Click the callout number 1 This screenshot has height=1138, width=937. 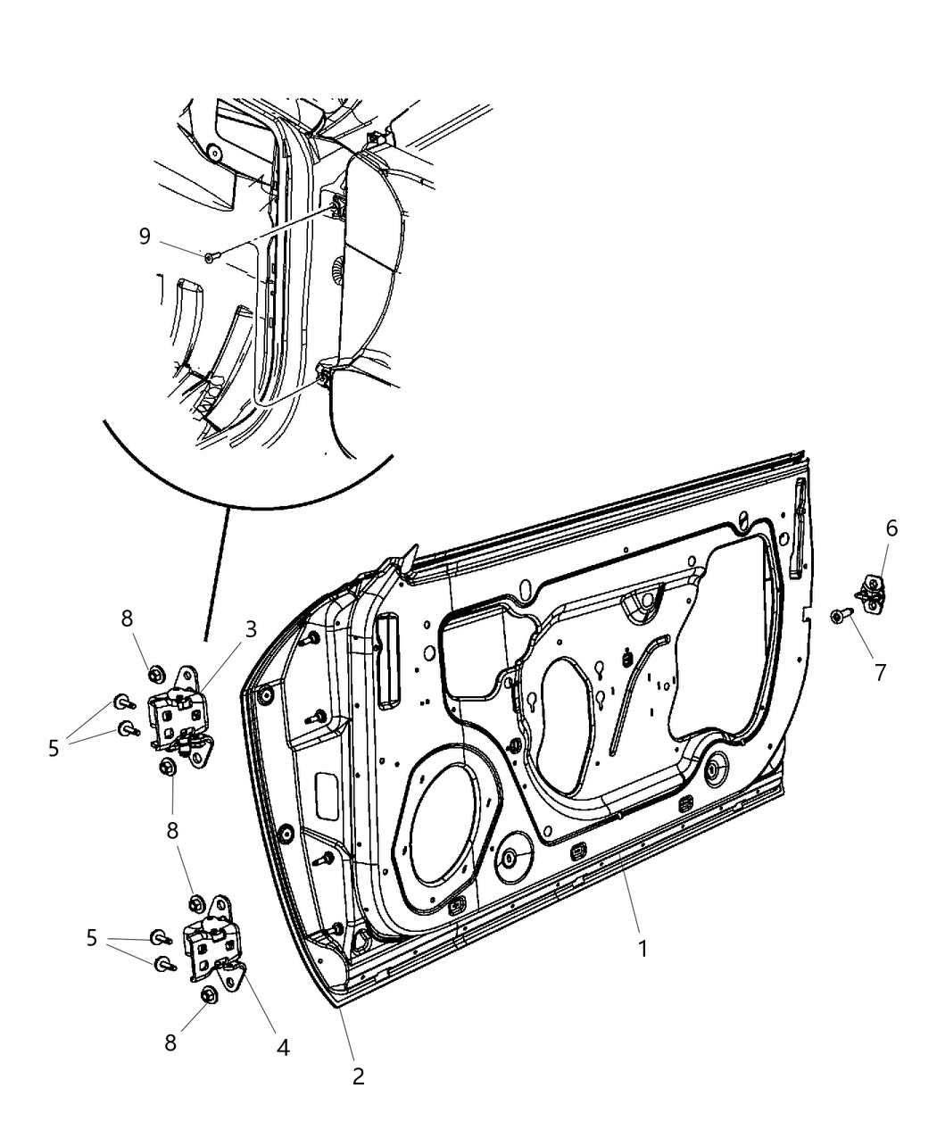click(642, 949)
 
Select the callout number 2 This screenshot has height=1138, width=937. click(358, 1076)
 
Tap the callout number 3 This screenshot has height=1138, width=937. click(251, 628)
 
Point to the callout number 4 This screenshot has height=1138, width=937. click(283, 1047)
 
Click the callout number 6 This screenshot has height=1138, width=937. click(891, 528)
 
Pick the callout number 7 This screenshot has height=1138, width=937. click(880, 672)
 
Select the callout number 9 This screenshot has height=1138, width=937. click(145, 236)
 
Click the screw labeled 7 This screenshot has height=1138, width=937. click(841, 615)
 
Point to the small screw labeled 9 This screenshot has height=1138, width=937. click(210, 257)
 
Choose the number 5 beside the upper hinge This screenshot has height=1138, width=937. click(54, 748)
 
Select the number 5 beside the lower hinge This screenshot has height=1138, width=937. click(91, 937)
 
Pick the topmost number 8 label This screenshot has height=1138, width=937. click(128, 618)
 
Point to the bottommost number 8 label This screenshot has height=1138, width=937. click(170, 1042)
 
